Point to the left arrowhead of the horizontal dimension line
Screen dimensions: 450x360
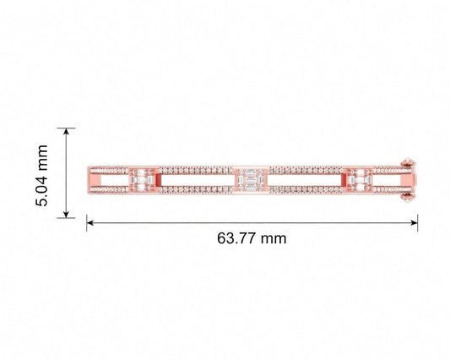[x=90, y=222]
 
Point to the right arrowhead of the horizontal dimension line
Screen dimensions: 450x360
[x=415, y=222]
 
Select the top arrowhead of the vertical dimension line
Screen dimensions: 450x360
[x=67, y=132]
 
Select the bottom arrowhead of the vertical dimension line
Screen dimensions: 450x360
[x=67, y=214]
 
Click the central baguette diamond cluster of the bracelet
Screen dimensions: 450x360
[x=251, y=180]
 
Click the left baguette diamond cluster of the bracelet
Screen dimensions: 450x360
[x=142, y=180]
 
